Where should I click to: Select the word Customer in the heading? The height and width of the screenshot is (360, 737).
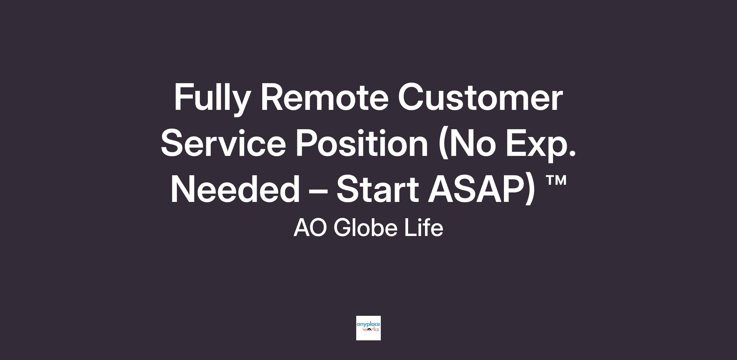pos(480,97)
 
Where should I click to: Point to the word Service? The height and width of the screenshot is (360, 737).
pos(223,143)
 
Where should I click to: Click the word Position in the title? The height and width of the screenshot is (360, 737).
pos(362,143)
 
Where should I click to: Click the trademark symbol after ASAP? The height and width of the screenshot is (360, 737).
pos(556,181)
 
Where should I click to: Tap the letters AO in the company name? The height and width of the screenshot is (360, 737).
pos(310,228)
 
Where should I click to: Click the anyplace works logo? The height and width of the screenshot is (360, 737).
pos(368,328)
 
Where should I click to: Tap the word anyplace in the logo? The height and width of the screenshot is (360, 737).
pos(368,325)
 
